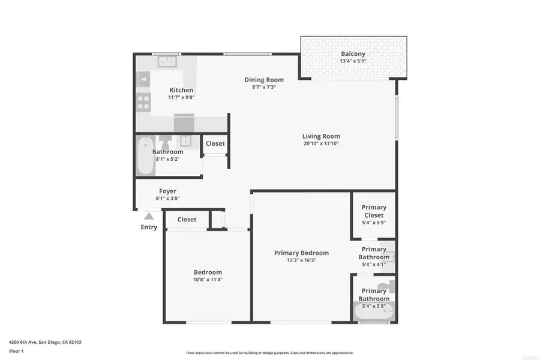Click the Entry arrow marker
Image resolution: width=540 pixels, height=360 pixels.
pyautogui.click(x=149, y=216)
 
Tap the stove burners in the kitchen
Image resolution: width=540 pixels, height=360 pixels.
pyautogui.click(x=143, y=103)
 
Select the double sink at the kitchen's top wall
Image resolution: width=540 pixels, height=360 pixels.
pyautogui.click(x=167, y=61)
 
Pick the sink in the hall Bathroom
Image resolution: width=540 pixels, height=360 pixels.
pyautogui.click(x=185, y=141)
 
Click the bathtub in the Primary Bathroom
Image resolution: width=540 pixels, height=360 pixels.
pyautogui.click(x=373, y=312)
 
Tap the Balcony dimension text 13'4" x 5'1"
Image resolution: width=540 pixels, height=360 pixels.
pyautogui.click(x=353, y=61)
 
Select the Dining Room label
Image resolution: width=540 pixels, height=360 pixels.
pyautogui.click(x=264, y=80)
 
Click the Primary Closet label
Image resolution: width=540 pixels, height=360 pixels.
pyautogui.click(x=374, y=211)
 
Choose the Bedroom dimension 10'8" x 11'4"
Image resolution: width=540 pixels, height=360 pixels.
pyautogui.click(x=208, y=280)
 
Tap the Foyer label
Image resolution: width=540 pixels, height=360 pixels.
pyautogui.click(x=167, y=191)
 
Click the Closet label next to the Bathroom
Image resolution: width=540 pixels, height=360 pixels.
pyautogui.click(x=215, y=143)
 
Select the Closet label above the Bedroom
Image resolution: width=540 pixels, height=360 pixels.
pyautogui.click(x=187, y=220)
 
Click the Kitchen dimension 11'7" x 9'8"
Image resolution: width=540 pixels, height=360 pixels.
pyautogui.click(x=181, y=97)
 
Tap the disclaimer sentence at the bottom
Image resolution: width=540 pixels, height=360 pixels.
pyautogui.click(x=270, y=353)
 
